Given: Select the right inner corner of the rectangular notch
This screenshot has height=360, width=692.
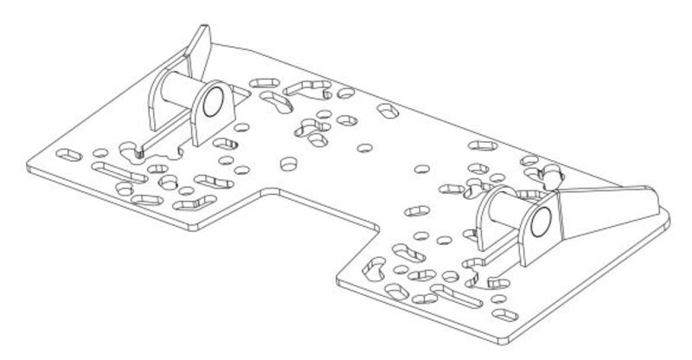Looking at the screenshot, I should tap(377, 227).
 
